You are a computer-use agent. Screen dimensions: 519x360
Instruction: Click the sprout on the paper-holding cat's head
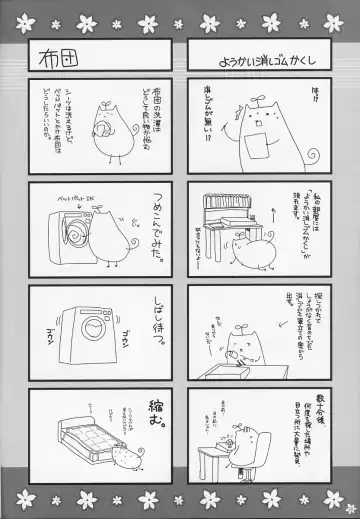[x=241, y=95]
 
